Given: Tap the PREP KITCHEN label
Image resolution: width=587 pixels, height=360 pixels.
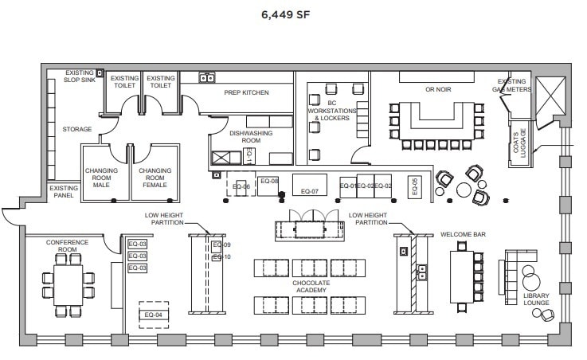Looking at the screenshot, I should click(246, 93).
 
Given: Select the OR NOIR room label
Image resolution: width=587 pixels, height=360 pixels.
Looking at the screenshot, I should click(438, 90).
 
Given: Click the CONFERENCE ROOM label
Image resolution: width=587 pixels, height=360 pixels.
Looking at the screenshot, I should click(66, 245).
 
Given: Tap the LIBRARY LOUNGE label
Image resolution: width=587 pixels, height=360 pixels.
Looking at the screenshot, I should click(537, 299).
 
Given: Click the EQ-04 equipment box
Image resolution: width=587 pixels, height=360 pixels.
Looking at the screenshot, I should click(153, 315).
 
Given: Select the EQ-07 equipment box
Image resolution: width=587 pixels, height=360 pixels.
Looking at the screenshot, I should click(310, 191).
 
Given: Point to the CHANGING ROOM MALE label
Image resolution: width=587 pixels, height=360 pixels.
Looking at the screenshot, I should click(101, 178).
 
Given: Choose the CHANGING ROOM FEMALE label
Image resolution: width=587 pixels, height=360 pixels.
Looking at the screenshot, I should click(153, 178).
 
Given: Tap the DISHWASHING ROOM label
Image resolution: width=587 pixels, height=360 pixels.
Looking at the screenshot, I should click(245, 136).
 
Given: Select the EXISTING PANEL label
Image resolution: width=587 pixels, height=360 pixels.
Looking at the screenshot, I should click(64, 193).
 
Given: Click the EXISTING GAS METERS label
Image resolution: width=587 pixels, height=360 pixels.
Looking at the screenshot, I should click(512, 85).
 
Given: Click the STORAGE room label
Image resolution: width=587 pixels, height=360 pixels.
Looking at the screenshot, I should click(77, 129).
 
